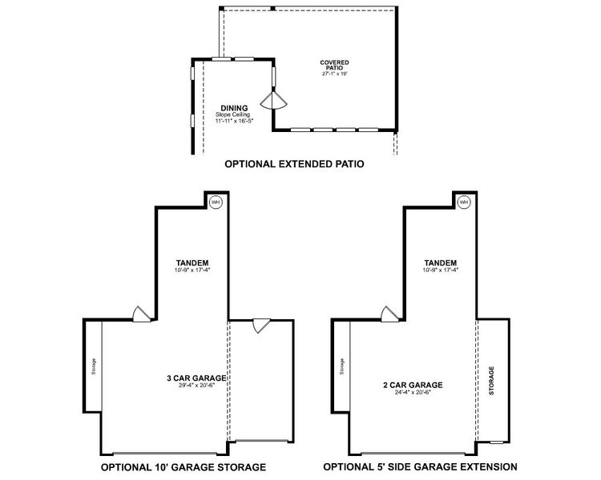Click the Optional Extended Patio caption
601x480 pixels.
(x=294, y=165)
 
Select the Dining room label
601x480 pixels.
(x=233, y=108)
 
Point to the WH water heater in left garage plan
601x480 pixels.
(x=215, y=202)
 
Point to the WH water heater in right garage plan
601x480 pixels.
(x=464, y=202)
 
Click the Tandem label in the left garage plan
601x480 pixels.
(x=191, y=262)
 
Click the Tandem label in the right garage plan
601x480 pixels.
(x=441, y=262)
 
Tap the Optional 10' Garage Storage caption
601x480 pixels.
(x=183, y=466)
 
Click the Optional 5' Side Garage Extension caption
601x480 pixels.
(x=420, y=466)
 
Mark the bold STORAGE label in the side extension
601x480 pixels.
(x=491, y=381)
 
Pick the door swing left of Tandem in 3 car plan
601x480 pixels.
(x=141, y=315)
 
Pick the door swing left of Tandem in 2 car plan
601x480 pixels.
(x=389, y=315)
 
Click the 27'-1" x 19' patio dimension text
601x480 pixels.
(x=334, y=73)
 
